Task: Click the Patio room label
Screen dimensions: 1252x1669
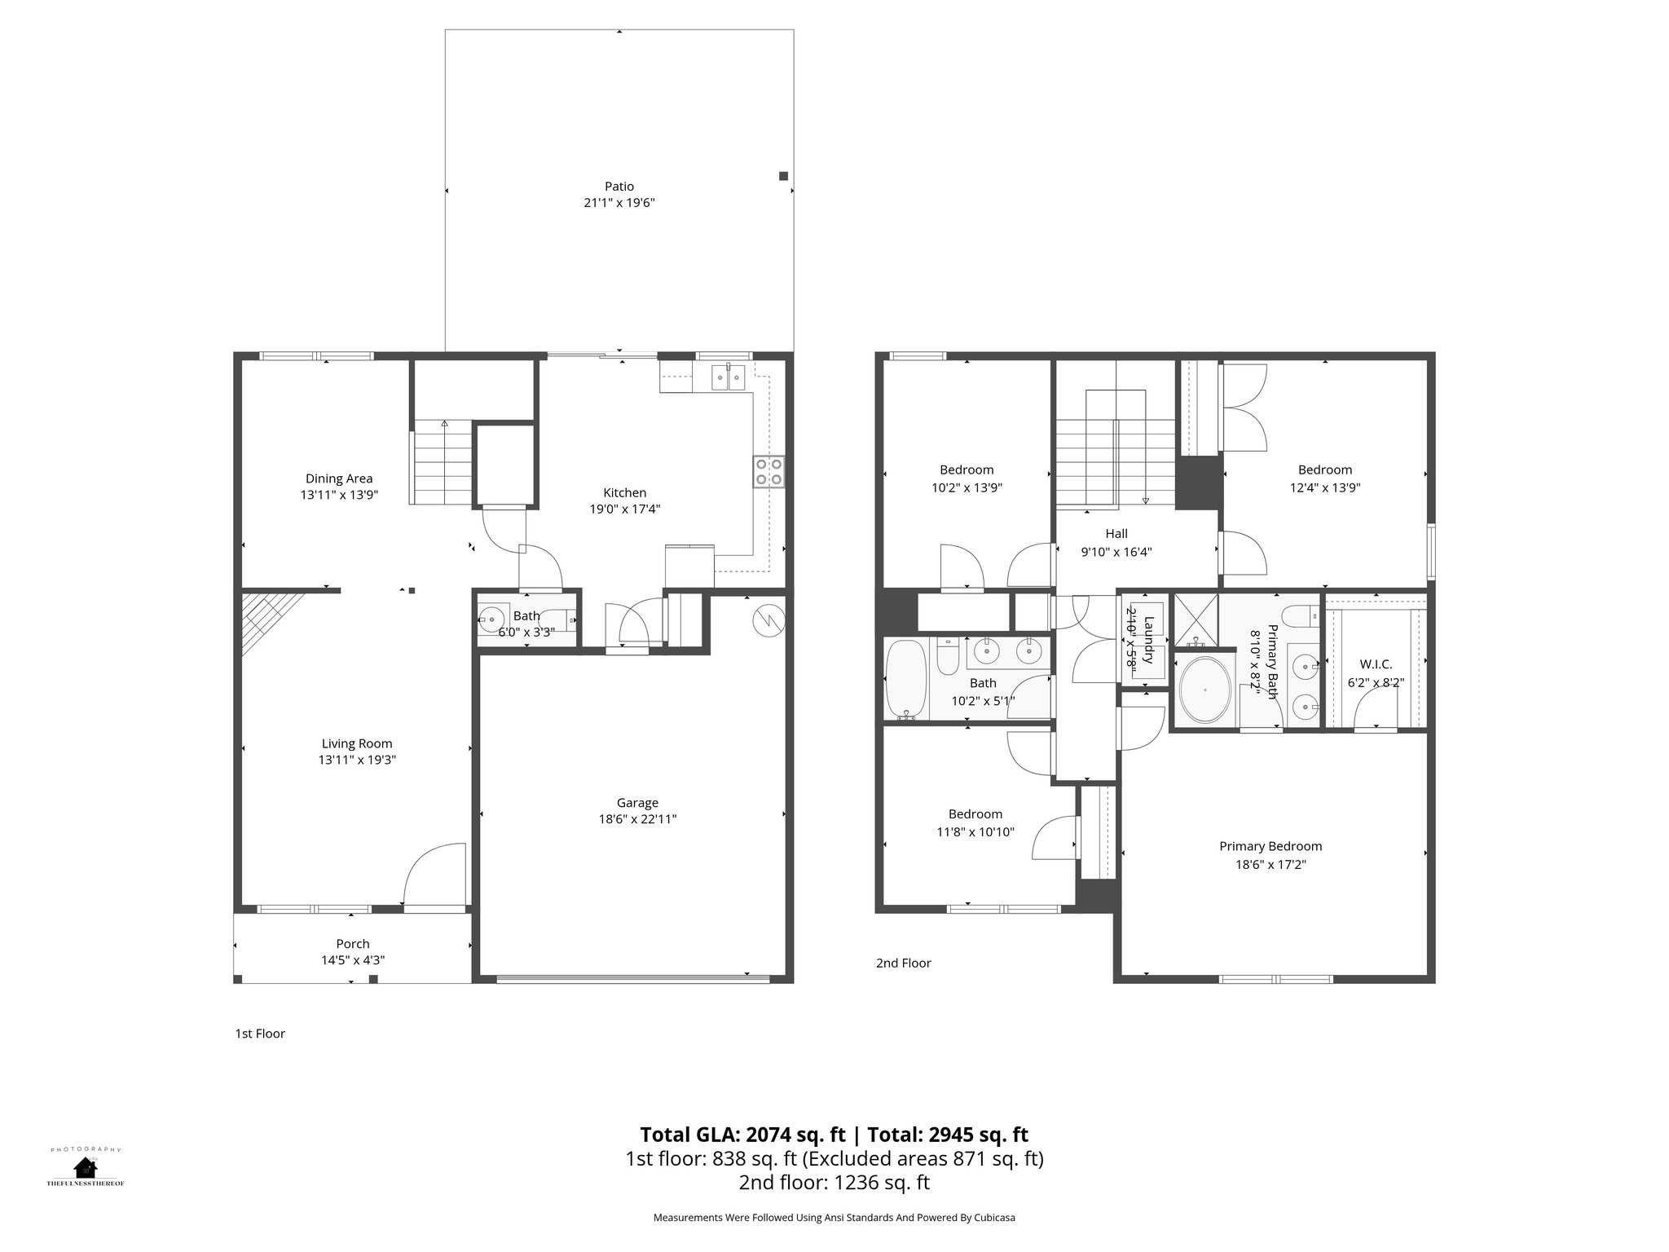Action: point(619,187)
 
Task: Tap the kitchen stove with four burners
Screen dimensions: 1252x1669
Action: point(769,471)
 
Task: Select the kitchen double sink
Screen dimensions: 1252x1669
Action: point(728,377)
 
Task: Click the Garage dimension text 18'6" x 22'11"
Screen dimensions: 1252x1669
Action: point(637,819)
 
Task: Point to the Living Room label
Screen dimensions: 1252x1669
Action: point(357,743)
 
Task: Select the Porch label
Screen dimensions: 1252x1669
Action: point(353,944)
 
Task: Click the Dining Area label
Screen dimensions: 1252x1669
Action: point(339,478)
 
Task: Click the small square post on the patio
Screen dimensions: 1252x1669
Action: point(784,176)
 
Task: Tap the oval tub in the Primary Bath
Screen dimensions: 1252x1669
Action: point(1206,690)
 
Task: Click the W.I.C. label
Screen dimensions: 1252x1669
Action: point(1376,664)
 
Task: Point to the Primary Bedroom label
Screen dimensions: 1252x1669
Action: point(1270,846)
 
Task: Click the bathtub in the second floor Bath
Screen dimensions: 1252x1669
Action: point(906,679)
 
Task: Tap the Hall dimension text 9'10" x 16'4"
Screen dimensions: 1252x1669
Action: point(1116,552)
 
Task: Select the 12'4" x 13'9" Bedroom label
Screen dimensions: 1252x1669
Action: point(1325,469)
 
